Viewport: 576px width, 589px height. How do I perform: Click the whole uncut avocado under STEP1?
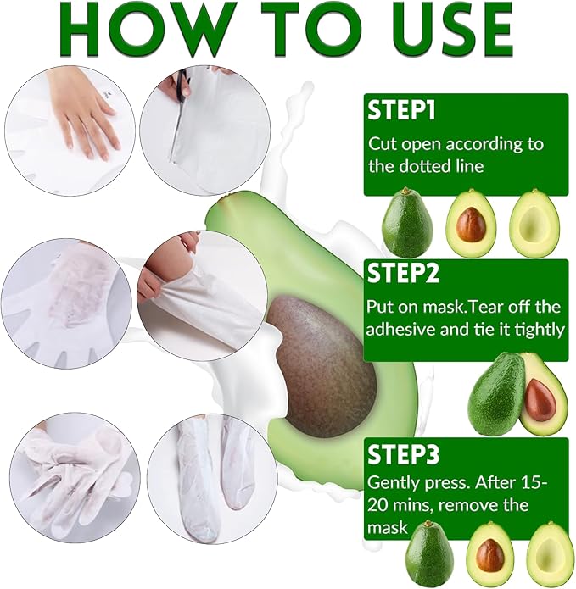click(x=407, y=224)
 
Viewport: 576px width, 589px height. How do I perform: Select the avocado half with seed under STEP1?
click(x=472, y=224)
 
